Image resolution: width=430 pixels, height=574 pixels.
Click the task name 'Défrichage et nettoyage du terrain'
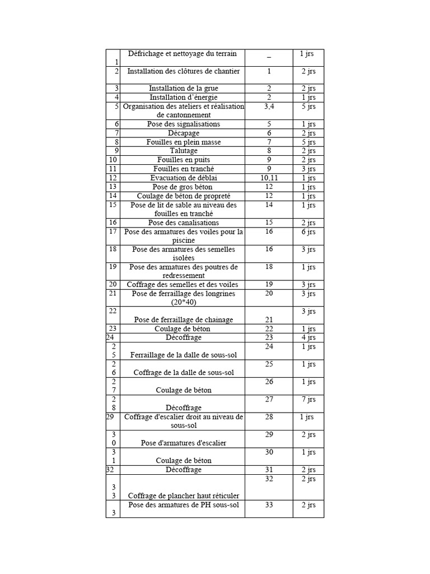[x=183, y=54]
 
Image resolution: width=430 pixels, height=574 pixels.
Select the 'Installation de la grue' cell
[x=184, y=89]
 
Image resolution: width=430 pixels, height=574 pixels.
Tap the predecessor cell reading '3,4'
[x=269, y=106]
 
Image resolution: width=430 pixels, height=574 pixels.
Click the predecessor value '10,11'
[x=269, y=178]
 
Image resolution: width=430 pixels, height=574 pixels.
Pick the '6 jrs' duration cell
[x=307, y=232]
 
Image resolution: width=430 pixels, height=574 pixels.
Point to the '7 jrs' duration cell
[x=307, y=400]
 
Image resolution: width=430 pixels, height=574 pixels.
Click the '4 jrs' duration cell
[x=307, y=338]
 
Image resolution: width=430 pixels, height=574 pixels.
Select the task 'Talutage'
[x=184, y=151]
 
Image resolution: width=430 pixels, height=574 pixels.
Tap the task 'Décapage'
[x=184, y=133]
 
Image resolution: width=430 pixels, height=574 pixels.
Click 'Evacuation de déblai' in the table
[x=184, y=178]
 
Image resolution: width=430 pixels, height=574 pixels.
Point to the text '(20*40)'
[x=184, y=302]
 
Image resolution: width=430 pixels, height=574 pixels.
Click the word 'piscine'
[x=184, y=240]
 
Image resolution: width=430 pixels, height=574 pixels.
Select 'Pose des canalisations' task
[x=184, y=223]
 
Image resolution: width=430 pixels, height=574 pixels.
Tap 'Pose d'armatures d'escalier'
[x=184, y=443]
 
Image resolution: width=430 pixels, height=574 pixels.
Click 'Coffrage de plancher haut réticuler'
[x=184, y=496]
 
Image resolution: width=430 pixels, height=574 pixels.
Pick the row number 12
[x=113, y=178]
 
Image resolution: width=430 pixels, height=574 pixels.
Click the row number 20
[x=113, y=285]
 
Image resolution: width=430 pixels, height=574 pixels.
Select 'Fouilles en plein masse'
[x=184, y=142]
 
